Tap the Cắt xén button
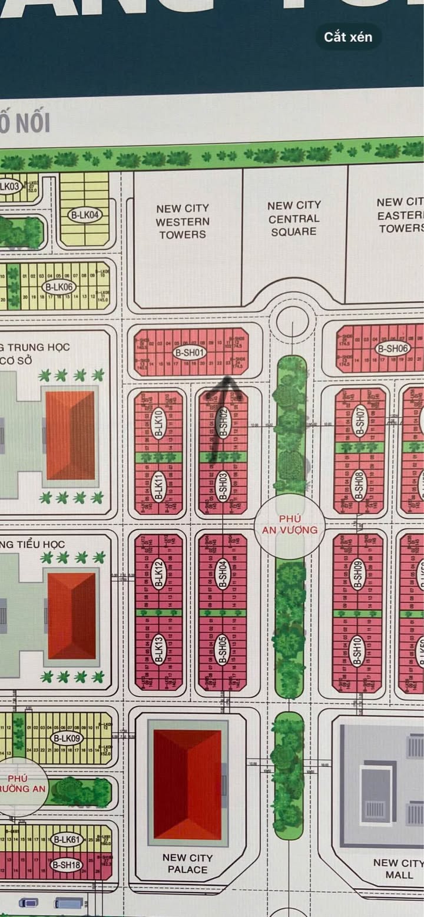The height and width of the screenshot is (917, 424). [347, 37]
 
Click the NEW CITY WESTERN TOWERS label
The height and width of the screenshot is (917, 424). [183, 221]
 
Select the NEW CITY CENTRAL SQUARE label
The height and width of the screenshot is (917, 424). [294, 219]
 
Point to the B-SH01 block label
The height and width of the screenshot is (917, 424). [190, 353]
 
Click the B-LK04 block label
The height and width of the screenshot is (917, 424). [85, 216]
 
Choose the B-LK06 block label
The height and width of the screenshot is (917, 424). [58, 287]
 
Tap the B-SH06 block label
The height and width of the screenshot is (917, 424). [393, 349]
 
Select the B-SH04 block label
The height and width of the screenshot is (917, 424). [223, 574]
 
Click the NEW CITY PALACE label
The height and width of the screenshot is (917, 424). [187, 863]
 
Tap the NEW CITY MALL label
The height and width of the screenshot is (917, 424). [399, 869]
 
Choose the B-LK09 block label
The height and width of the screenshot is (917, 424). [67, 739]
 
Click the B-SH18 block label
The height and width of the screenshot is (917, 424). [66, 865]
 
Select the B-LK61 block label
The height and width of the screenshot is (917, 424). [65, 839]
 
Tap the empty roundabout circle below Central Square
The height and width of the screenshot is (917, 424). [292, 322]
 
